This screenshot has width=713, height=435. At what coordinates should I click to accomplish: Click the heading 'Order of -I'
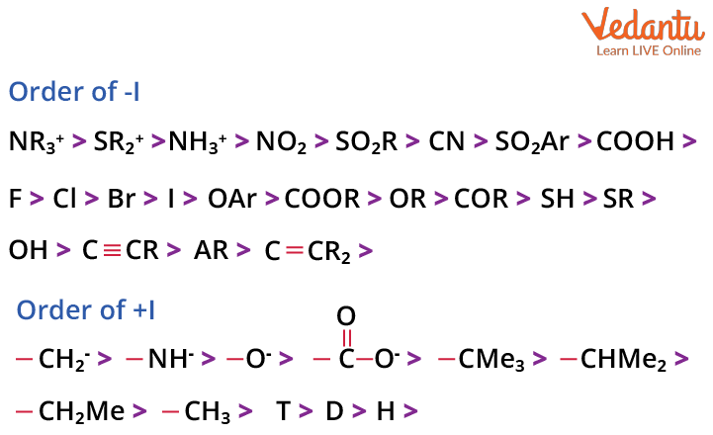[73, 93]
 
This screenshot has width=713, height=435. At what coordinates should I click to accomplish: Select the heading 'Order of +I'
[86, 310]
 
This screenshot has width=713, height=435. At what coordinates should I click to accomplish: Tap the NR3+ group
[36, 142]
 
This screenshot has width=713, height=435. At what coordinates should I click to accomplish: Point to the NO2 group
[281, 142]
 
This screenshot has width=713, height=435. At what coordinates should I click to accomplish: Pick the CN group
[446, 142]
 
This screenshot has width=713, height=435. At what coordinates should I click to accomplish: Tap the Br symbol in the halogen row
[121, 199]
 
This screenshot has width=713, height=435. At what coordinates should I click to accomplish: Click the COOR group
[321, 199]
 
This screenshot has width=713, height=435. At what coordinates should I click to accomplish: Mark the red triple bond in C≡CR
[112, 251]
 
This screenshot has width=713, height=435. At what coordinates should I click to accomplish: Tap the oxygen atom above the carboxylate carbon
[345, 316]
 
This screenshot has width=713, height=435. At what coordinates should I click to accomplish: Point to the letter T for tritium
[283, 411]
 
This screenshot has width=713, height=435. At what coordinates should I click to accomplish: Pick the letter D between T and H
[334, 411]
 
